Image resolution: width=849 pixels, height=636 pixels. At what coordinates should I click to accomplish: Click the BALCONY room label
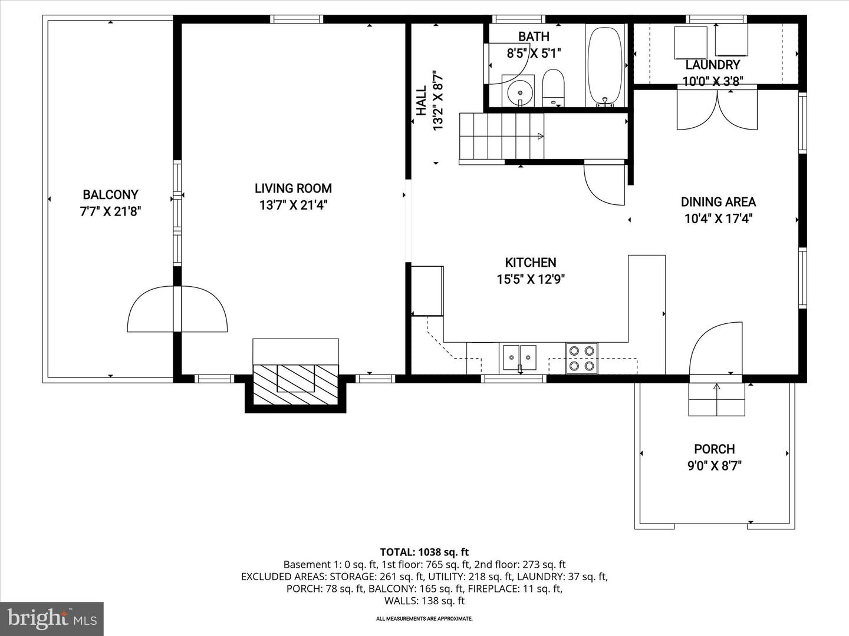(110, 194)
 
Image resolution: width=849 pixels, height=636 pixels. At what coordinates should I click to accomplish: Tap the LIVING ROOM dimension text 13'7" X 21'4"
(293, 206)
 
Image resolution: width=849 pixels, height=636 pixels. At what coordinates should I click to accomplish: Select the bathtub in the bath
(605, 65)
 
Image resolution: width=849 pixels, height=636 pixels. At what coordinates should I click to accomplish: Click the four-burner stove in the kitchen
(581, 358)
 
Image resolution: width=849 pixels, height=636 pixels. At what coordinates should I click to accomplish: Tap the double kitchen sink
(519, 357)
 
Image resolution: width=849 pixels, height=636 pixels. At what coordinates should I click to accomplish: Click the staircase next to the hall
(501, 136)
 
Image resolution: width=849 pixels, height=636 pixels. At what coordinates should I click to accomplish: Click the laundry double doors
(717, 108)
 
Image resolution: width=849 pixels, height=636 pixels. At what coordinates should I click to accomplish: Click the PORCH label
(714, 449)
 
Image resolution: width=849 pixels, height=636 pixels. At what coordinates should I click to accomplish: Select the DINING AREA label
(718, 202)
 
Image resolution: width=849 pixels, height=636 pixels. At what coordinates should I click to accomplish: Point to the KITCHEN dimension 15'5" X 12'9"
(531, 279)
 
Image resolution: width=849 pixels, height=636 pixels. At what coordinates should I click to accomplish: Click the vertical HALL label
(421, 101)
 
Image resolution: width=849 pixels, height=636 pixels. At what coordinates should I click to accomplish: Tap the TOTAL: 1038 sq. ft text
(424, 552)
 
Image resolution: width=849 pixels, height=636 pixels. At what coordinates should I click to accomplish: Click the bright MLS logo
(52, 618)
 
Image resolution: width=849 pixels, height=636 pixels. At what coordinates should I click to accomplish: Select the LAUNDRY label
(712, 65)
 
